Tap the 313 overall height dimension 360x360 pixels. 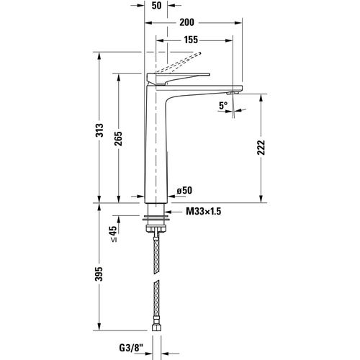coord(101,130)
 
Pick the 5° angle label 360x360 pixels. coord(223,106)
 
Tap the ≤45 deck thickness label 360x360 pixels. coord(113,234)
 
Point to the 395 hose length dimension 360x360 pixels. coord(101,274)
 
